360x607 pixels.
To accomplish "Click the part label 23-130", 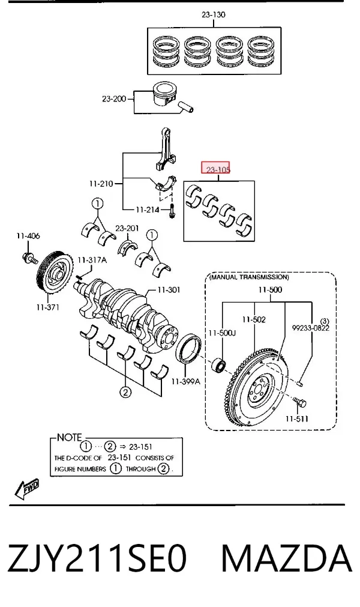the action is pos(214,15).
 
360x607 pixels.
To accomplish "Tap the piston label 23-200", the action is pos(114,98).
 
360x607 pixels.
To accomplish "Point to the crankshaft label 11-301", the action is pos(169,289).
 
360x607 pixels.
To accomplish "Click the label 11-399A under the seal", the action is pos(185,382).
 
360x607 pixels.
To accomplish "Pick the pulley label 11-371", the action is pos(48,307).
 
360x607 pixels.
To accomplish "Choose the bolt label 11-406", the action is pos(28,236).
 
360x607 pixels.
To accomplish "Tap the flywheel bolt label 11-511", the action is pos(297,418).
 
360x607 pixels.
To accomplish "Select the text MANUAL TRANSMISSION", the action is pos(249,277).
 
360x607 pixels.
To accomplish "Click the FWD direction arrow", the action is pos(27,488).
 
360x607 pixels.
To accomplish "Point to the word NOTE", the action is pos(69,438).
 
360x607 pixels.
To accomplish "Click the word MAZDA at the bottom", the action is pos(286,558).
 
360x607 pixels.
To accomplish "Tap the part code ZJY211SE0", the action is pos(97,558).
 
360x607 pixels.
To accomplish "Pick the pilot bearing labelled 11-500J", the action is pos(219,366).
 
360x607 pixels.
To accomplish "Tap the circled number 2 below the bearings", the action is pos(125,392).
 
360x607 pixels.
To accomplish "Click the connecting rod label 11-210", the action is pos(101,184).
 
